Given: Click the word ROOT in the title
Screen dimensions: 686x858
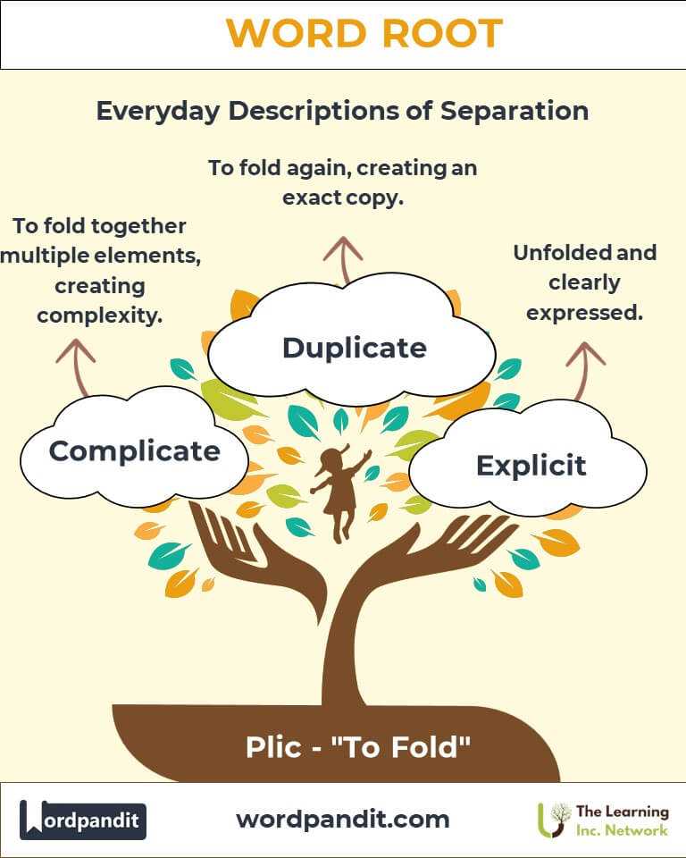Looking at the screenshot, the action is point(442,33).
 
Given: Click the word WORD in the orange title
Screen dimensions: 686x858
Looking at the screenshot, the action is point(296,33).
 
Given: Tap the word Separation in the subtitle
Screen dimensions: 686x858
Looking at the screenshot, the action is point(514,111).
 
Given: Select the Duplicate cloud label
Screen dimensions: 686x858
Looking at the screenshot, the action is point(355,348).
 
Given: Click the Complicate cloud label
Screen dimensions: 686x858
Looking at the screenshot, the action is point(135,451).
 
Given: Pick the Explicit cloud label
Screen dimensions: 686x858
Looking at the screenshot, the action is point(531,466).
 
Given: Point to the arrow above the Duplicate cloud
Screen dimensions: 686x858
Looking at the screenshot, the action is point(343,260).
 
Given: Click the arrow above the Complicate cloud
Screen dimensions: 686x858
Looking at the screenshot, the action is point(76,367).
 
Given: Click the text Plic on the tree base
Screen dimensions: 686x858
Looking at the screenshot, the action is point(273,747).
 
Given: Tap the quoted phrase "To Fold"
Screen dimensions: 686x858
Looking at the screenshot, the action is point(401,747).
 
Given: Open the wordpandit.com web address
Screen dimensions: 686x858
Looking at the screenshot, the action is point(342,820).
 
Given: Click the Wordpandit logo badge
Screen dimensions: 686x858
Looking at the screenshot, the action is point(82,820).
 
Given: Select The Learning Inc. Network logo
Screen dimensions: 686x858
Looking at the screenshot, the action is point(603,820).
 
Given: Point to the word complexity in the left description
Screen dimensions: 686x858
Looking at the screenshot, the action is point(99,315).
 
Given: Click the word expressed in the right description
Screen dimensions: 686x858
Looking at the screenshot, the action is point(584,313).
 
